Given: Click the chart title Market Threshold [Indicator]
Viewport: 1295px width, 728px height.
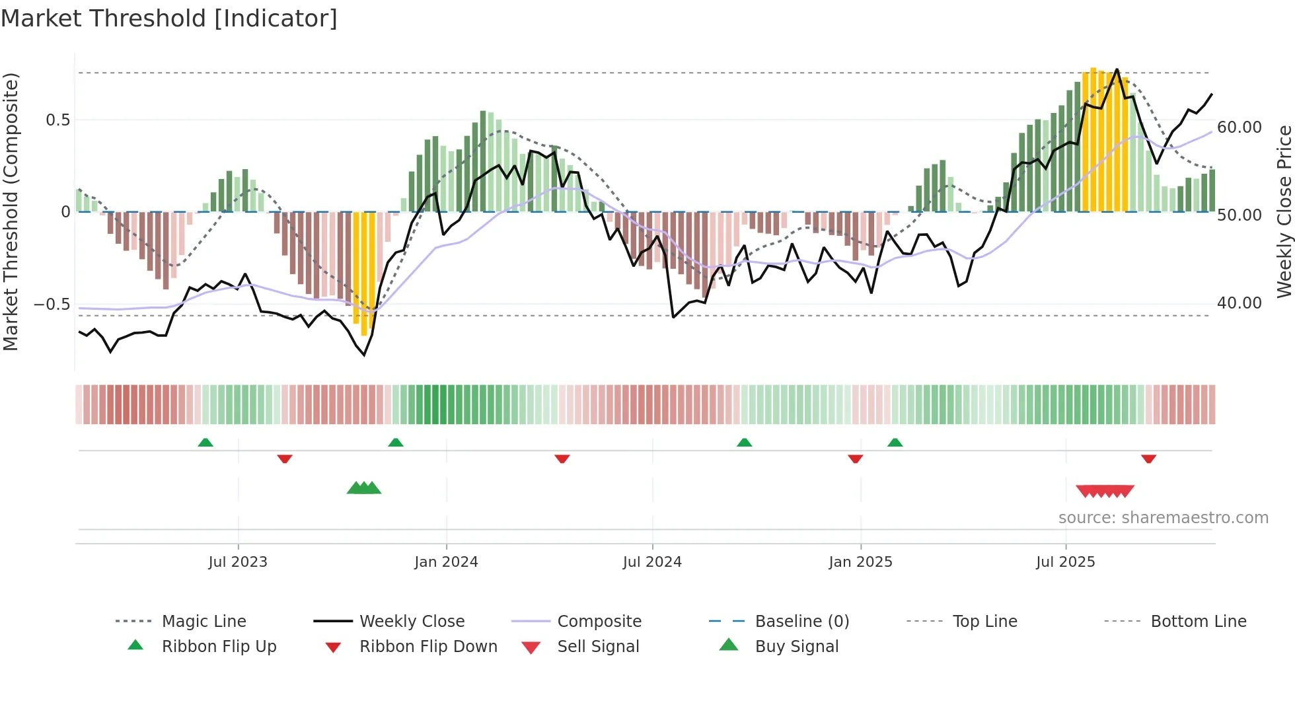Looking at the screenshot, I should point(169,18).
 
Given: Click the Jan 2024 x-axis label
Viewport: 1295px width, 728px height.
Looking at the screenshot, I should point(446,562).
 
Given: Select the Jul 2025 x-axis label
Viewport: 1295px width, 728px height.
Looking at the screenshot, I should point(1065,562).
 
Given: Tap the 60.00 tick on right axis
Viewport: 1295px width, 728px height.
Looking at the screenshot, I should point(1239,127).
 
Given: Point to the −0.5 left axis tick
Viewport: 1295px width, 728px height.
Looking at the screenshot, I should point(52,304).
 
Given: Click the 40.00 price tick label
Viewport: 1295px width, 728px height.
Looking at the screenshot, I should point(1239,303).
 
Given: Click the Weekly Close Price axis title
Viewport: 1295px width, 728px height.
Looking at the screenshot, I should point(1284,211).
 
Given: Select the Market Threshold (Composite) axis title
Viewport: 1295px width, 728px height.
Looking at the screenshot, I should point(11,211).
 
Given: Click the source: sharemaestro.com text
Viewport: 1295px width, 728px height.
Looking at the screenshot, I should point(1163,517).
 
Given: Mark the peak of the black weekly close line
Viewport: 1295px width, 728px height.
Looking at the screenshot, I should point(1117,69).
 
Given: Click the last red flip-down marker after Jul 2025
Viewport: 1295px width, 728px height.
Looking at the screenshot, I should point(1148,458).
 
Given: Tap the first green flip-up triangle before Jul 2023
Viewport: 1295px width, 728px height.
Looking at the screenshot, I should point(205,443).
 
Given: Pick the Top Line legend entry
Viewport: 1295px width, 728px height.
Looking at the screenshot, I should point(984,621).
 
